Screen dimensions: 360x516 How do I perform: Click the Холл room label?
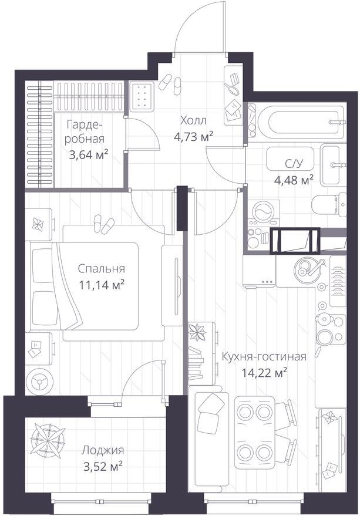(193, 120)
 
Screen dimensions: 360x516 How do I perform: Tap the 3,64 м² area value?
(89, 154)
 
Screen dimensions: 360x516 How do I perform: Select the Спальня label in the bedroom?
(102, 268)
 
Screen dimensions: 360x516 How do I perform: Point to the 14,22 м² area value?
(265, 373)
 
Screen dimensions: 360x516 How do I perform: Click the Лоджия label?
(103, 450)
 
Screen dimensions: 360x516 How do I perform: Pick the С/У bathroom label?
(294, 163)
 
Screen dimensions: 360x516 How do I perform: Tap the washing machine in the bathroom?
(264, 210)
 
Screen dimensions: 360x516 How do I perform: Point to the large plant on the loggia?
(48, 440)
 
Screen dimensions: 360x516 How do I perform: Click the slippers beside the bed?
(103, 224)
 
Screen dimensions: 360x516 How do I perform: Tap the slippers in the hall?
(171, 85)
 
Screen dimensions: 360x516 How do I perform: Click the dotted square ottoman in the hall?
(142, 96)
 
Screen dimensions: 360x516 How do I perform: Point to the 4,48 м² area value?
(294, 180)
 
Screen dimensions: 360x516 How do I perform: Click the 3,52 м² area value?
(103, 466)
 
